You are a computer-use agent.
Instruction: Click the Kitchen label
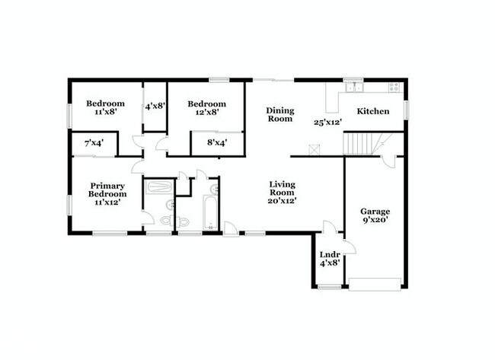tap(373, 111)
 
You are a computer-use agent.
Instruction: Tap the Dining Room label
tap(279, 114)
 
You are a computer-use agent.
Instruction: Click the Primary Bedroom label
tap(107, 190)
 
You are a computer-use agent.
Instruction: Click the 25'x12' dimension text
tap(328, 122)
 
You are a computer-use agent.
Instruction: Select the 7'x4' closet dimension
tap(94, 142)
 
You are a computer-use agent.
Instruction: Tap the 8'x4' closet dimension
tap(206, 142)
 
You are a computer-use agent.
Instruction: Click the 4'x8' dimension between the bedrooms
tap(155, 106)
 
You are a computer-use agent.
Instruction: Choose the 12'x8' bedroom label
tap(206, 113)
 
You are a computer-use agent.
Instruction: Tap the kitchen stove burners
tap(394, 87)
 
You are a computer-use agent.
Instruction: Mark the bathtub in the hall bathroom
tap(211, 206)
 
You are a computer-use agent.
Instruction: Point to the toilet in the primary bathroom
tap(182, 221)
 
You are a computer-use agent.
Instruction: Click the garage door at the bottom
tap(375, 285)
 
